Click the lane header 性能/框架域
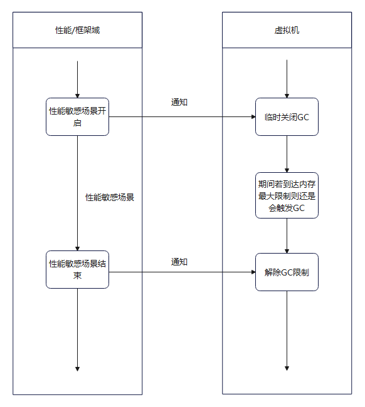click(77, 30)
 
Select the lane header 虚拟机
click(287, 30)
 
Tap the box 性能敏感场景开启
click(77, 116)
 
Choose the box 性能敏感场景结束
click(77, 269)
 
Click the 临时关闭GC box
click(287, 116)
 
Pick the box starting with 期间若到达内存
click(287, 195)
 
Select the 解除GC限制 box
click(287, 272)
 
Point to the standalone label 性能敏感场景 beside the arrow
click(110, 197)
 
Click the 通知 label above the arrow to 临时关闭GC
click(179, 102)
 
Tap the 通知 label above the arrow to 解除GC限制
click(179, 262)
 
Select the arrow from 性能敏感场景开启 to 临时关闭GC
click(182, 116)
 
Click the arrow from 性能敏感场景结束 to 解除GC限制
click(182, 272)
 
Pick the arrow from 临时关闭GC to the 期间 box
click(287, 154)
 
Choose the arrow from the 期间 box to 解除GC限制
click(287, 235)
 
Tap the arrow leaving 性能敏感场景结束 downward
click(77, 329)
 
